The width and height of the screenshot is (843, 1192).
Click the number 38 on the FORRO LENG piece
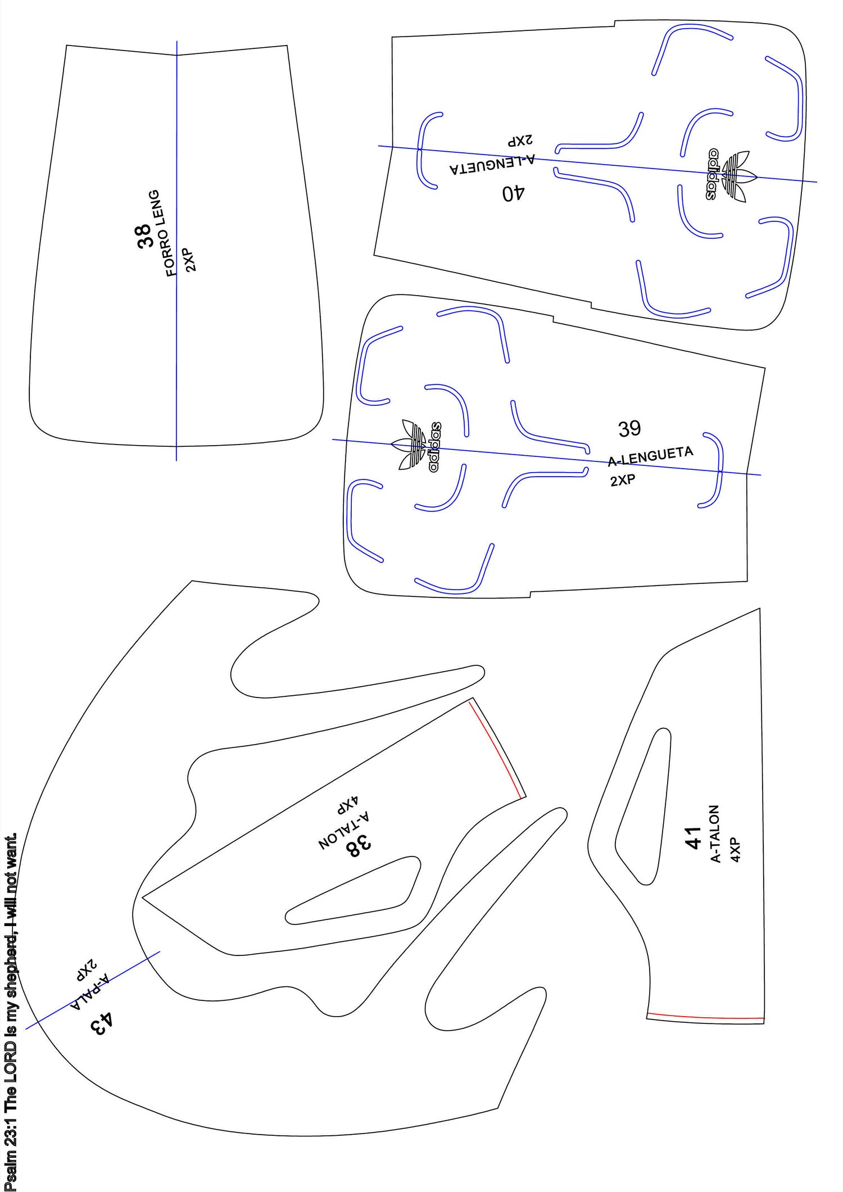pyautogui.click(x=144, y=235)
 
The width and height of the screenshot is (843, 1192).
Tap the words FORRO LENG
pyautogui.click(x=164, y=233)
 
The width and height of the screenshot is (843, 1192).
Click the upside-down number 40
pyautogui.click(x=513, y=194)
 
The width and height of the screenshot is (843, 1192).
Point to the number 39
pyautogui.click(x=629, y=429)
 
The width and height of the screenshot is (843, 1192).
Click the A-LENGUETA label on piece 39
pyautogui.click(x=650, y=456)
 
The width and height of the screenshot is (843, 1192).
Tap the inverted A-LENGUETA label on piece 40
pyautogui.click(x=492, y=164)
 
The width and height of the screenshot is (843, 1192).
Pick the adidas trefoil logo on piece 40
pyautogui.click(x=731, y=175)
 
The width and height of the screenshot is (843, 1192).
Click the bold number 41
pyautogui.click(x=694, y=837)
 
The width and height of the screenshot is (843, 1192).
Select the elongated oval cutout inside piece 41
pyautogui.click(x=643, y=803)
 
